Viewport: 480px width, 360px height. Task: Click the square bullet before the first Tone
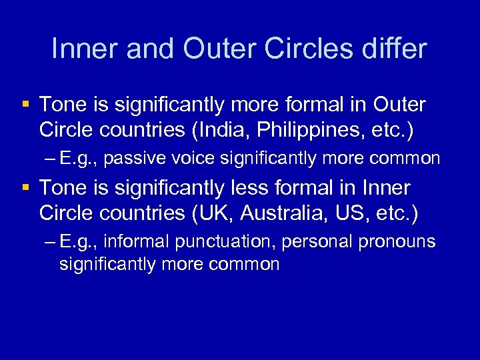(25, 105)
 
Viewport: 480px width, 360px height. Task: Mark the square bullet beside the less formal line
(25, 189)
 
